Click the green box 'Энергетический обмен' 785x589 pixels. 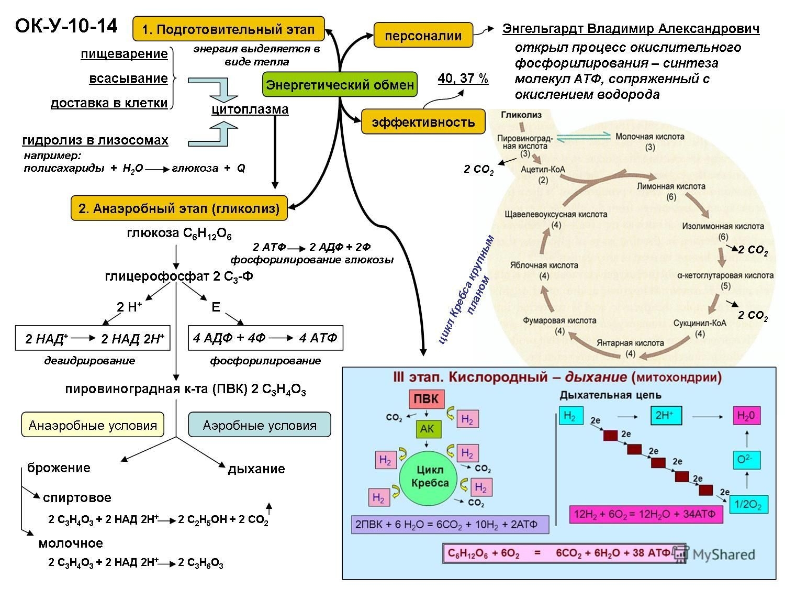(340, 84)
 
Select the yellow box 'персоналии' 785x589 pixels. (423, 35)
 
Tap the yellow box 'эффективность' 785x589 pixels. (423, 122)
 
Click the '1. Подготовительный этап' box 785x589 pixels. (229, 29)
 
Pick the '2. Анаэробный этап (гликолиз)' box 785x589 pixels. (179, 208)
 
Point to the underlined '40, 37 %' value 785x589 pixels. (463, 79)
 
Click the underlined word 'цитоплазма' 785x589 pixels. (250, 109)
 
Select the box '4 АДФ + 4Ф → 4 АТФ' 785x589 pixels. (265, 338)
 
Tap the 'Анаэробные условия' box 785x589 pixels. (93, 425)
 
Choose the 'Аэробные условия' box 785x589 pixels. (260, 425)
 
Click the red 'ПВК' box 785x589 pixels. (427, 399)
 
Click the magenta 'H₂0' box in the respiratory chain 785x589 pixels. (746, 416)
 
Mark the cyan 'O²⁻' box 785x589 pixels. (746, 460)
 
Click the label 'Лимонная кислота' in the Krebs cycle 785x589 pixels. (671, 186)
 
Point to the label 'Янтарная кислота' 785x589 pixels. (630, 343)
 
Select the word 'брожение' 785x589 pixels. (59, 468)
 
